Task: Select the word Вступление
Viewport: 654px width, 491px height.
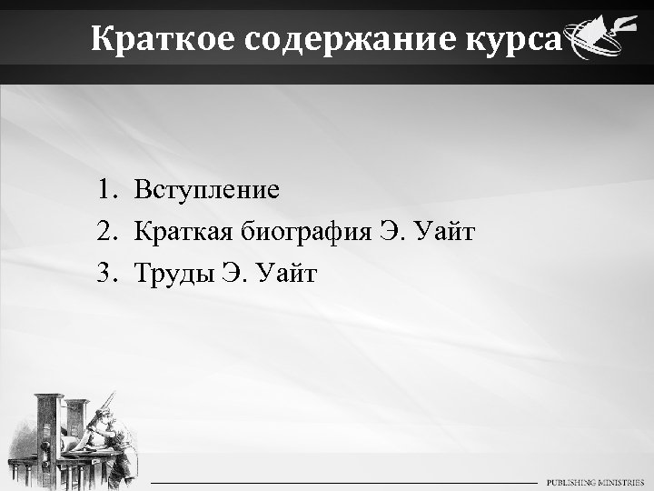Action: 207,191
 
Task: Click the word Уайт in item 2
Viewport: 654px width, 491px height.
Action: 445,232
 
